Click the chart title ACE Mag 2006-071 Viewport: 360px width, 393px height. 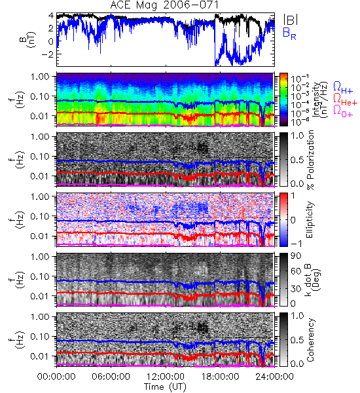[x=164, y=5]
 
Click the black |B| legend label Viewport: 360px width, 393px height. [x=290, y=20]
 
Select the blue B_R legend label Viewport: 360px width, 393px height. [x=289, y=34]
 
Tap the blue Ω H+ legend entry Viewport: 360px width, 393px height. [x=343, y=87]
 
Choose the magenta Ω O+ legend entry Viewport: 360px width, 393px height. [x=343, y=111]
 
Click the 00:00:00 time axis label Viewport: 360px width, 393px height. [x=56, y=377]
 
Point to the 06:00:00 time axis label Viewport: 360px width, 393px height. [x=111, y=377]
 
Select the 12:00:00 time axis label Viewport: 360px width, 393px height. [x=166, y=377]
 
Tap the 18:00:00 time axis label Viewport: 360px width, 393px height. [x=220, y=377]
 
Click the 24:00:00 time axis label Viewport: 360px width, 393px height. [x=274, y=377]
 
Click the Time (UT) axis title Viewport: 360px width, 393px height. [x=165, y=386]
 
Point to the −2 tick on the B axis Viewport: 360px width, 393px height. [x=48, y=54]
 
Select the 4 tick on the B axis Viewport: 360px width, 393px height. [x=51, y=16]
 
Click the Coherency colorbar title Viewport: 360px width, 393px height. [x=310, y=340]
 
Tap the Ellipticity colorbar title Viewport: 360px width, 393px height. [x=310, y=219]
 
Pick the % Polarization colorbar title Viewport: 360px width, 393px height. [x=310, y=160]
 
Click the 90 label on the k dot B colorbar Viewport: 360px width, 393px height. [x=296, y=256]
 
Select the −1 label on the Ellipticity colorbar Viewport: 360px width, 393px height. [x=296, y=244]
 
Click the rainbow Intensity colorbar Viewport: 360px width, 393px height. [x=283, y=100]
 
